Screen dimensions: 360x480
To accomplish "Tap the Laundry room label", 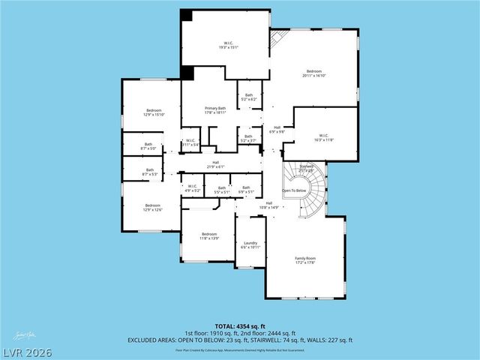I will click(x=250, y=244).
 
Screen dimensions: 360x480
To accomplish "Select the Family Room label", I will click(x=304, y=259).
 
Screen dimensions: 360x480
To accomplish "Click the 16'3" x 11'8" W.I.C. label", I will click(x=323, y=138).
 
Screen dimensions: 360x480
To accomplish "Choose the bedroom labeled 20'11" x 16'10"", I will click(x=315, y=73).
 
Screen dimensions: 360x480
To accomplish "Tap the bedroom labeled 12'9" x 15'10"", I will click(x=153, y=112).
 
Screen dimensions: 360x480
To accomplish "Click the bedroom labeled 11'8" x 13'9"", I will click(x=208, y=236).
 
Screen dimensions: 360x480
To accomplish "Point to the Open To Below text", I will click(x=295, y=191).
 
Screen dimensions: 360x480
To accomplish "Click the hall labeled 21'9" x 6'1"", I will click(x=215, y=164).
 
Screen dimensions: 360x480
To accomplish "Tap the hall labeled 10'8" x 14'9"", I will click(x=268, y=205).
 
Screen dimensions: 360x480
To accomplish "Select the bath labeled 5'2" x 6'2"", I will click(x=248, y=97).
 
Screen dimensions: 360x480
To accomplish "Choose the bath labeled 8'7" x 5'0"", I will click(x=148, y=145).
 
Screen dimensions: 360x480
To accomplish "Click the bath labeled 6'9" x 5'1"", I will click(x=246, y=190).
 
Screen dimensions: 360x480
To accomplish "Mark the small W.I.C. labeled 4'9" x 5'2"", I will click(x=192, y=188).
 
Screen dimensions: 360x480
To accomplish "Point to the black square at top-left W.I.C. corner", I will click(x=186, y=16).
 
